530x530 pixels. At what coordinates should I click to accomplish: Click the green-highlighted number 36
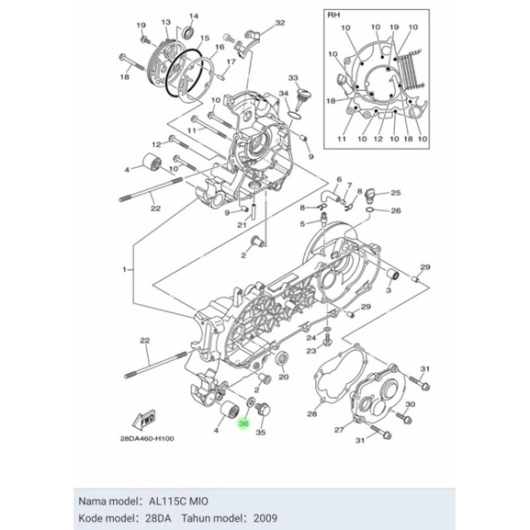[x=243, y=423]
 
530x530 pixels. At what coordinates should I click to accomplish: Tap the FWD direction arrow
[x=144, y=421]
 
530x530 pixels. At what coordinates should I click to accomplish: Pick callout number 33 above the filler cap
[x=293, y=79]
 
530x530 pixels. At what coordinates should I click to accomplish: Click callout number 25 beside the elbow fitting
[x=396, y=193]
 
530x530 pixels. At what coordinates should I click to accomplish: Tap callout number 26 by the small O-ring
[x=396, y=210]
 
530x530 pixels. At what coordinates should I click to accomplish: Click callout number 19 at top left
[x=141, y=24]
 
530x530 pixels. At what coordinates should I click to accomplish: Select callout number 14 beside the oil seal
[x=193, y=17]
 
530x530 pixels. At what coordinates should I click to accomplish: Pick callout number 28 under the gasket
[x=312, y=414]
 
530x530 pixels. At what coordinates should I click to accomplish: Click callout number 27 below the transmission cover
[x=339, y=430]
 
